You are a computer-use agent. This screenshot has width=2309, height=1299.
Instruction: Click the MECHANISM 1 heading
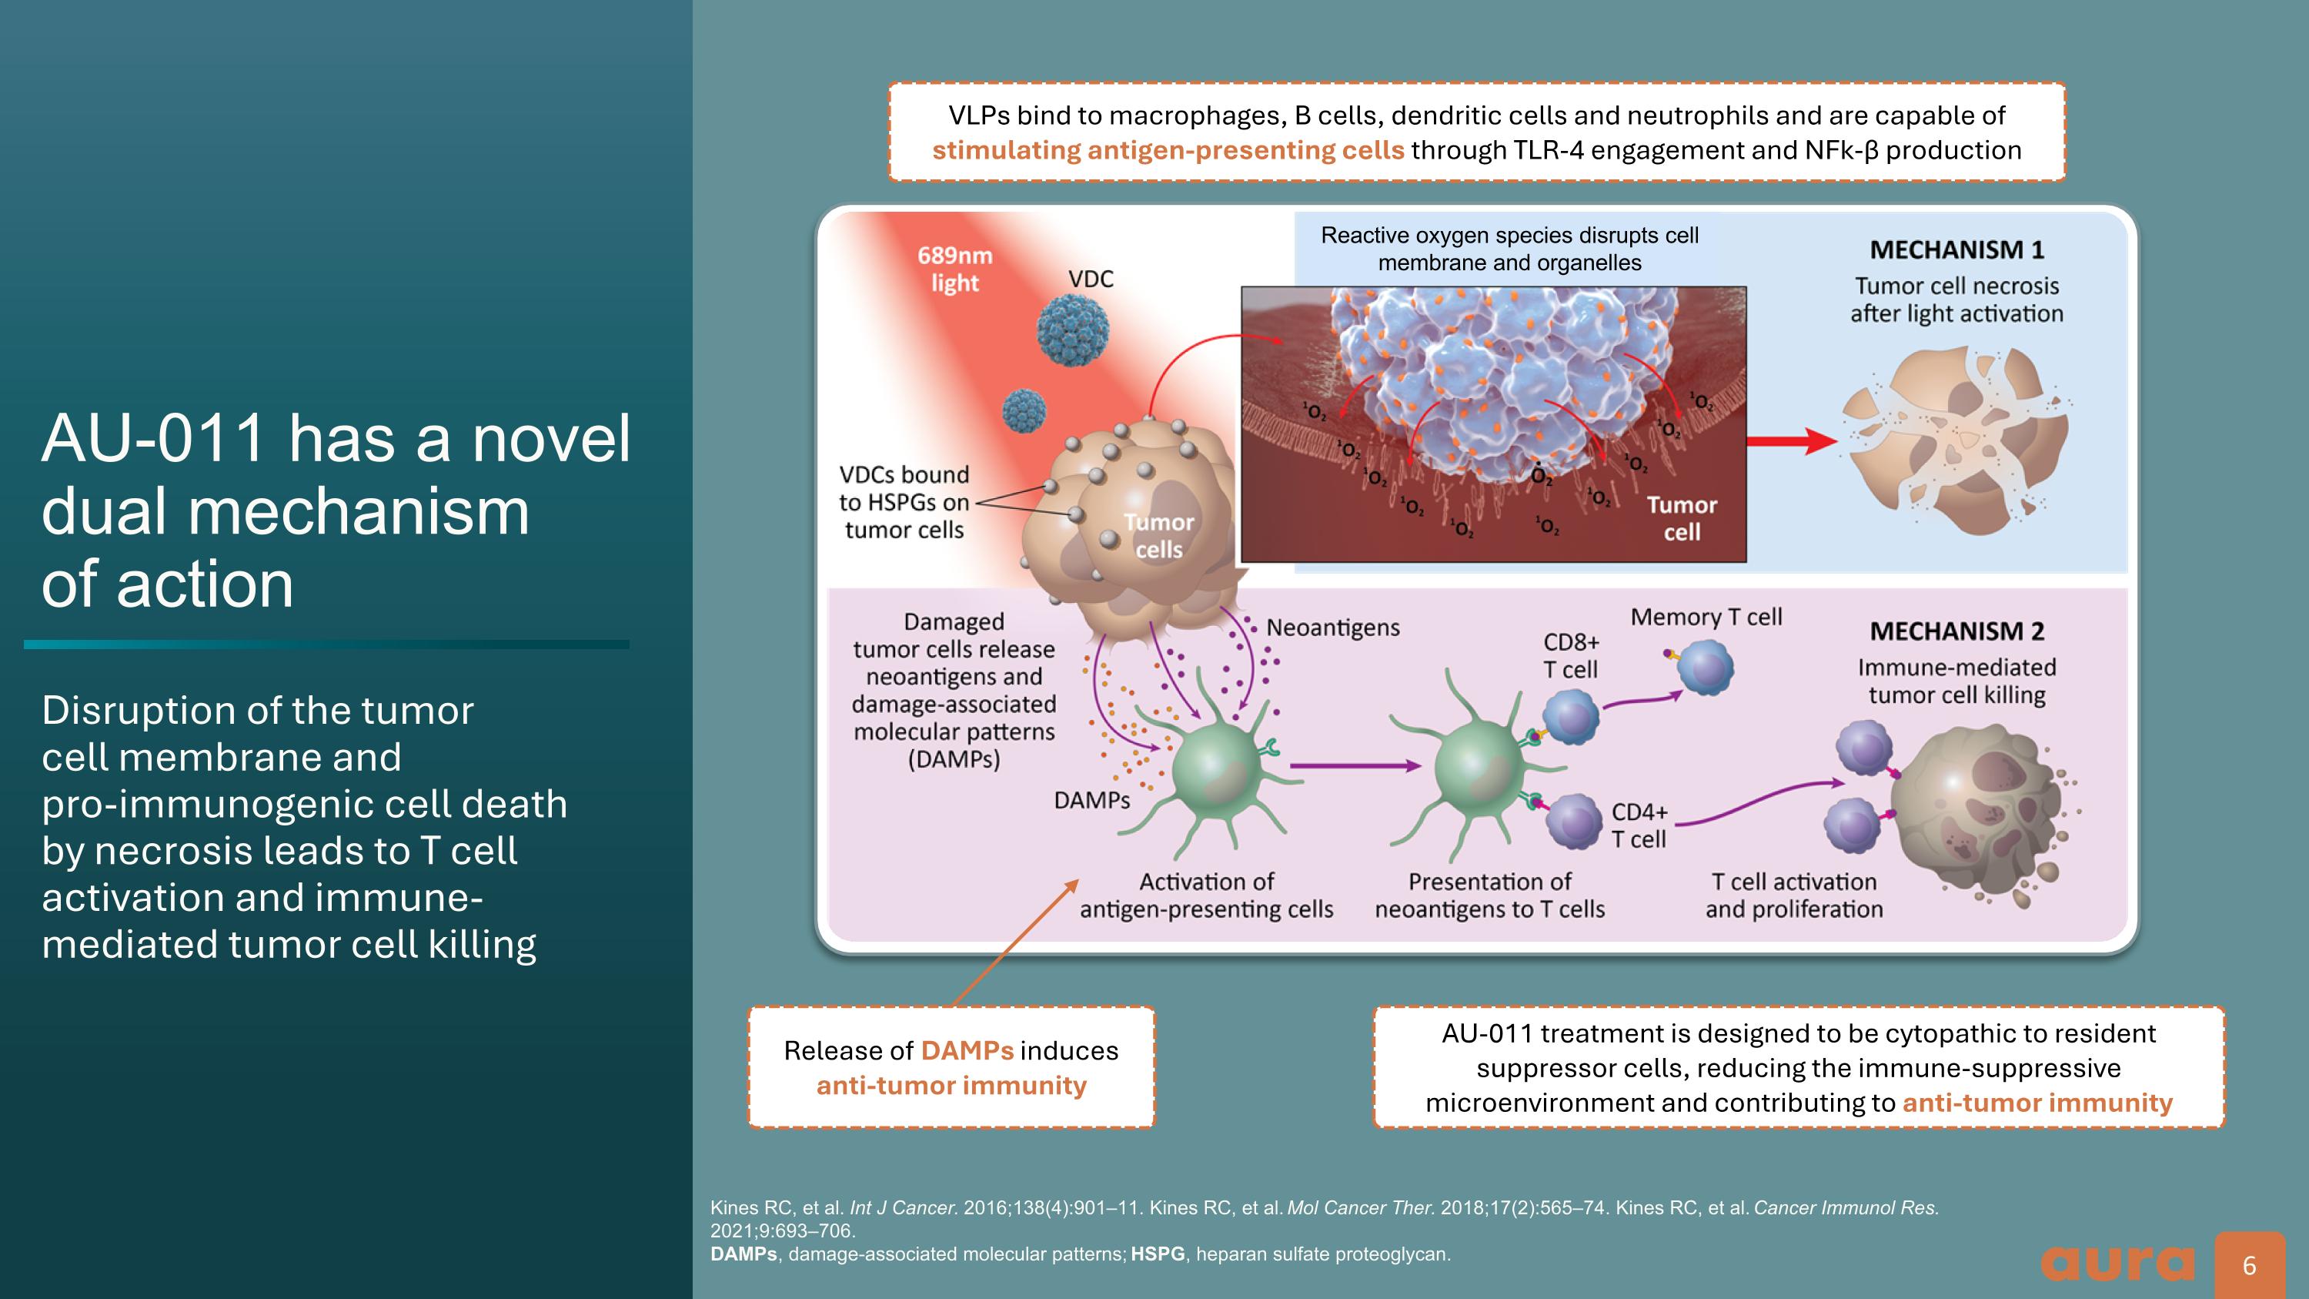click(x=1956, y=250)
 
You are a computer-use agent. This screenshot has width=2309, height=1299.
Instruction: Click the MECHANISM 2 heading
click(x=1956, y=632)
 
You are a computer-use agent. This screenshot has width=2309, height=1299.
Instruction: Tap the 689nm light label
click(x=954, y=269)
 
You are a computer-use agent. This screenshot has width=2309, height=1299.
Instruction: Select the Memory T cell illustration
click(x=1704, y=668)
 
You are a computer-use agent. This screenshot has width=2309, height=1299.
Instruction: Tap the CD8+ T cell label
click(x=1570, y=655)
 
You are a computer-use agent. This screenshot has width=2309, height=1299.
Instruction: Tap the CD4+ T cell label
click(x=1639, y=825)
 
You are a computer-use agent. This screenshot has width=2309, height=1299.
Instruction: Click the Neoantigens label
click(x=1332, y=628)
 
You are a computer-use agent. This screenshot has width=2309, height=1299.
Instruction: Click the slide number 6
click(x=2249, y=1265)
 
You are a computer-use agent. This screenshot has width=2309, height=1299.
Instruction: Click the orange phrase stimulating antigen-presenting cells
click(x=1167, y=151)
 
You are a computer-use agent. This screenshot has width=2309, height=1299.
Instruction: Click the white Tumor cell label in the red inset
click(x=1682, y=518)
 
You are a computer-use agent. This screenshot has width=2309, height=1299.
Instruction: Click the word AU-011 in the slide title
click(x=153, y=439)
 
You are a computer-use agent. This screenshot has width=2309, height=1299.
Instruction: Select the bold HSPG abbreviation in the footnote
click(x=1157, y=1254)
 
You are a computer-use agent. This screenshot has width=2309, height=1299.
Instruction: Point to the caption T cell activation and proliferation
click(x=1793, y=896)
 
